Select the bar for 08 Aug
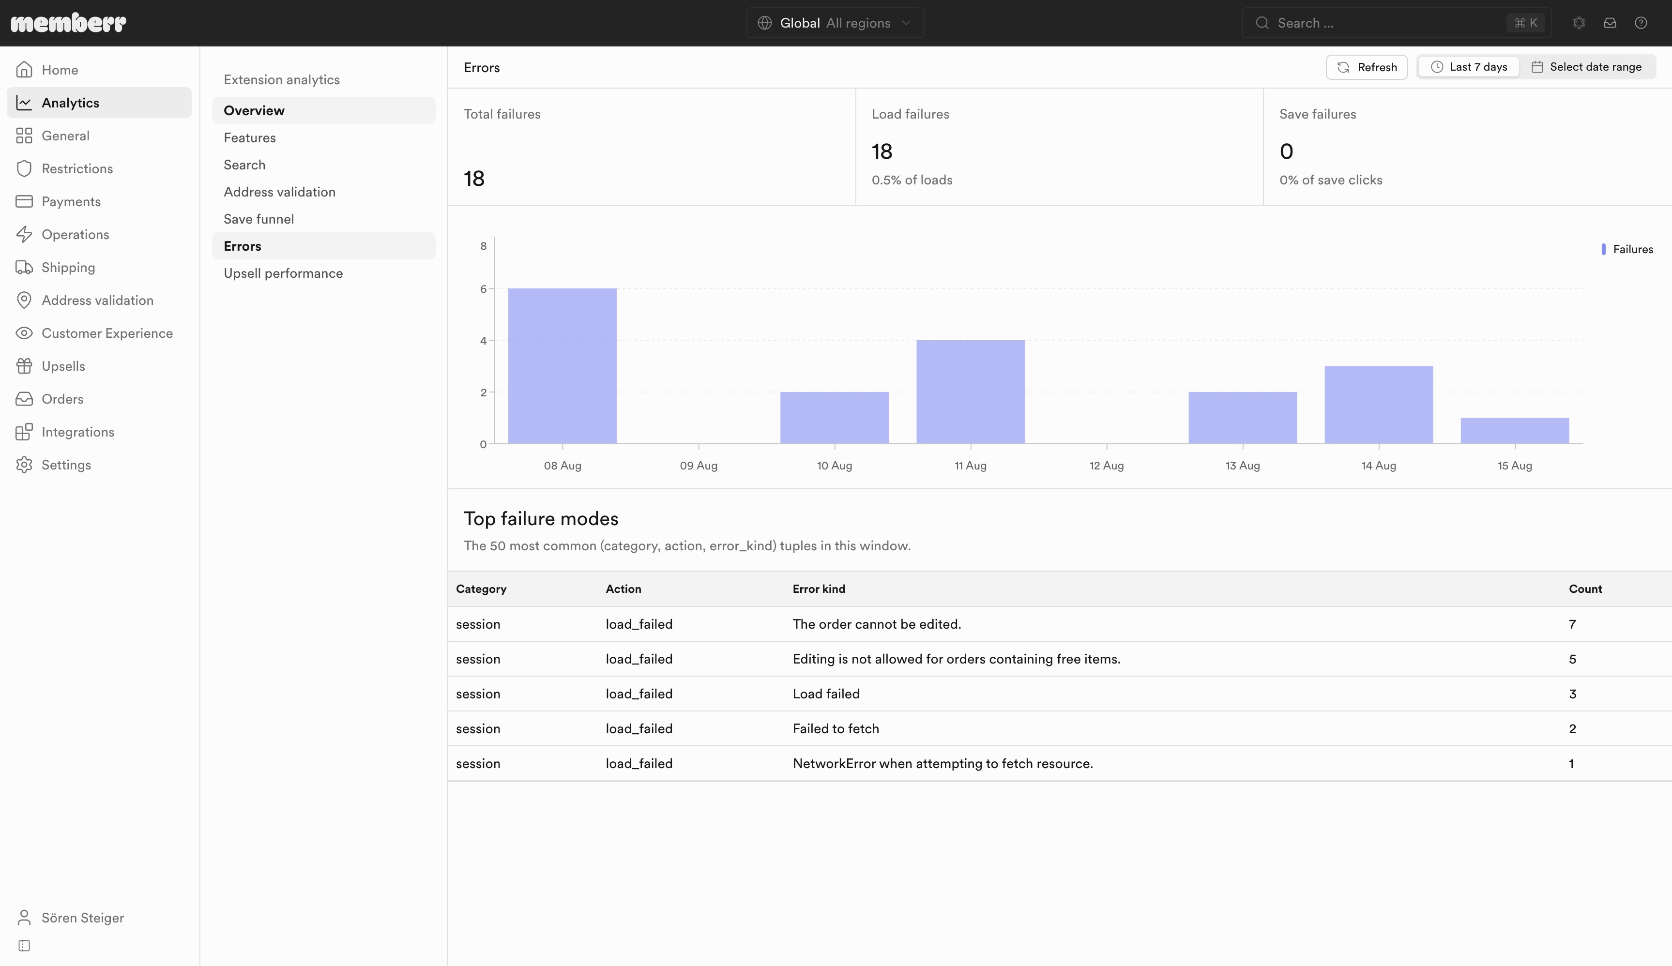562,365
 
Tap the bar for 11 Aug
970,392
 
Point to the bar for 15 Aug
1514,431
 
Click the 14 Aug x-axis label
1378,466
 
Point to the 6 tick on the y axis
484,288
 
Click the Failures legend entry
1627,249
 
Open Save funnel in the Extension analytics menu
259,219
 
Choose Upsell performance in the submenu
283,273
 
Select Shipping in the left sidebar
68,267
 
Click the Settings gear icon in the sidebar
24,465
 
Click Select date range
1586,67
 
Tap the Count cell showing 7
1572,624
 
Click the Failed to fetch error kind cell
836,728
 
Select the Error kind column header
819,589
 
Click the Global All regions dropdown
835,23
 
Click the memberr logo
68,23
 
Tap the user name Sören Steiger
83,918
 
